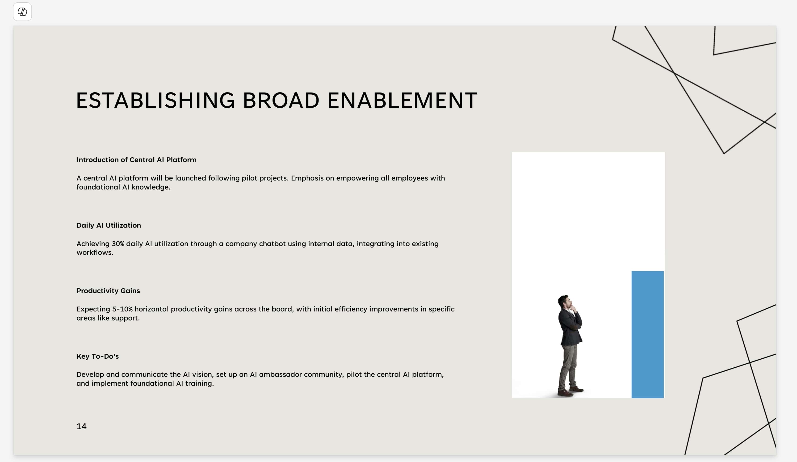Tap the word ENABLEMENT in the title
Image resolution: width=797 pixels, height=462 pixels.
pyautogui.click(x=402, y=101)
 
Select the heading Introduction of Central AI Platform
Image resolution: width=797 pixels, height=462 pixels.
pyautogui.click(x=136, y=160)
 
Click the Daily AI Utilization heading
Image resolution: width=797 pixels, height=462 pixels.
pyautogui.click(x=109, y=225)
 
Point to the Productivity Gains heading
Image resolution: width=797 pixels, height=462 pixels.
pyautogui.click(x=108, y=291)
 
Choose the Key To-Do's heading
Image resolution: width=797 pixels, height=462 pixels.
pyautogui.click(x=97, y=356)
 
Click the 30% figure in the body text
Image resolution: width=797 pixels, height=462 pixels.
pyautogui.click(x=118, y=244)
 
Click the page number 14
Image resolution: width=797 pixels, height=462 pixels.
pyautogui.click(x=81, y=426)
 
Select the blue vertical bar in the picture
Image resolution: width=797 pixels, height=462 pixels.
pyautogui.click(x=647, y=334)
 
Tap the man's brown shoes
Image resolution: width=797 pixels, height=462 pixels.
pyautogui.click(x=570, y=391)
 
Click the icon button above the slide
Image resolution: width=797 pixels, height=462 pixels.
pyautogui.click(x=22, y=12)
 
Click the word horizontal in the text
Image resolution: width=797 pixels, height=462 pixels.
pyautogui.click(x=151, y=309)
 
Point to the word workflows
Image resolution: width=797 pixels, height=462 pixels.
pyautogui.click(x=95, y=252)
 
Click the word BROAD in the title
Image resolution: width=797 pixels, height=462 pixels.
pyautogui.click(x=281, y=101)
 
